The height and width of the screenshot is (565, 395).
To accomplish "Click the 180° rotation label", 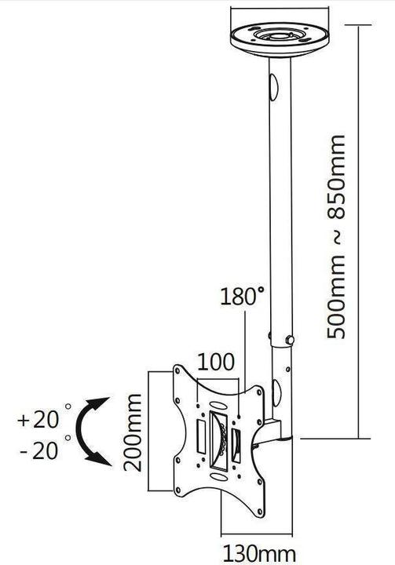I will pos(243,297).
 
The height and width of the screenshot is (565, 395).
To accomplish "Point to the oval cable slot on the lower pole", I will pos(276,389).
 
